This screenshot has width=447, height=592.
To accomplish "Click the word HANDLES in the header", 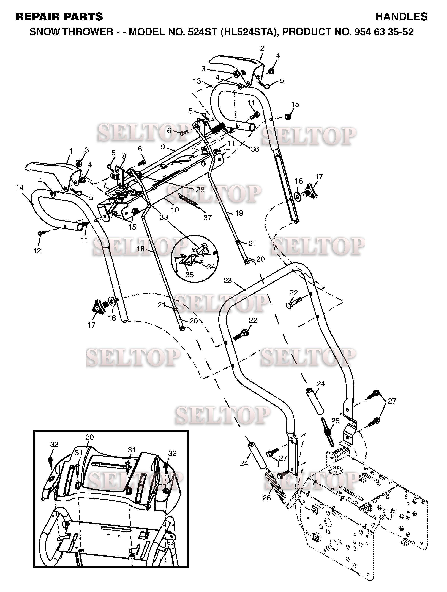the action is point(401,17).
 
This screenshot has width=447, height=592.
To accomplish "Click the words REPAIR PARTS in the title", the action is point(59,17).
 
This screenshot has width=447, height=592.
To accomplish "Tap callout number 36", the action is point(255,149).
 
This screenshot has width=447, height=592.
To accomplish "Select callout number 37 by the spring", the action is point(208,218).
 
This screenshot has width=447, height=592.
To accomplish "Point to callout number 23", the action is point(228,281).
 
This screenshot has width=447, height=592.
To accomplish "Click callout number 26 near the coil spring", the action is point(267,498).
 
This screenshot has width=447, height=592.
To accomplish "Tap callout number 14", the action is point(20,188).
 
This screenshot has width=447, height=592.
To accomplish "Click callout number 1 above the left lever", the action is point(71,151).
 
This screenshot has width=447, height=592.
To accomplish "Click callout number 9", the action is point(163,147).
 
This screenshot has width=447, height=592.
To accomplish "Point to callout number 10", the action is point(175,210).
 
